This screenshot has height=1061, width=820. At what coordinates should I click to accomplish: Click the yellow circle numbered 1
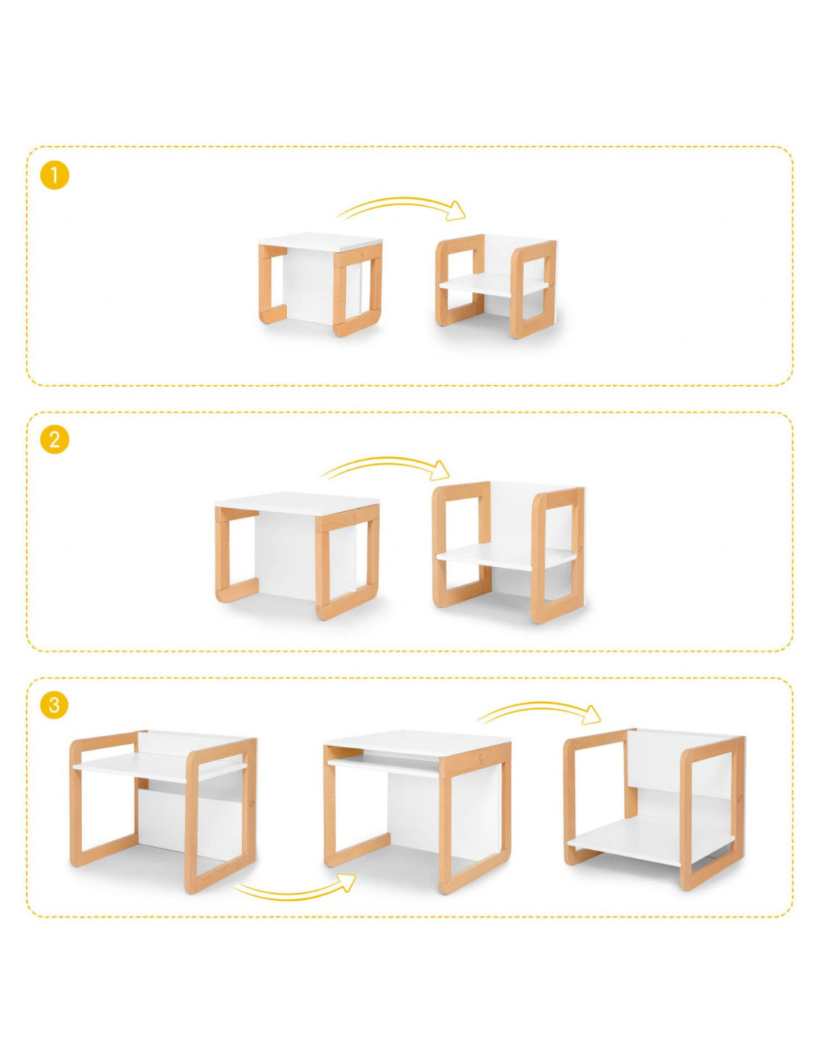click(x=54, y=175)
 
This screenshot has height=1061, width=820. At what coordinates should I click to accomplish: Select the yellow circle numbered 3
click(x=54, y=705)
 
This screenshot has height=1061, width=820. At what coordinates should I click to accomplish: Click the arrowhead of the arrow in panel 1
click(x=458, y=210)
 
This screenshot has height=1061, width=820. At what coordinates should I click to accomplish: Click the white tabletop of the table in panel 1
click(x=320, y=239)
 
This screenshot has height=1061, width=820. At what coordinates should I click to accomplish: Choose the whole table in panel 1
click(x=320, y=284)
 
